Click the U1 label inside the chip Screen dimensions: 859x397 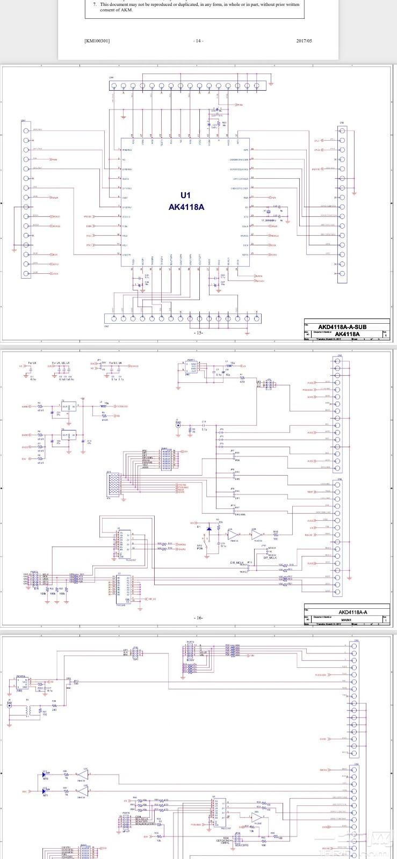click(185, 195)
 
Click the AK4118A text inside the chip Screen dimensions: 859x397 click(186, 207)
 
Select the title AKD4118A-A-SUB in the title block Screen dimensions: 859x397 click(342, 327)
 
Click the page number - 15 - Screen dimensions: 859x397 click(198, 333)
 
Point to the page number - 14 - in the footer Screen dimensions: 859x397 click(198, 41)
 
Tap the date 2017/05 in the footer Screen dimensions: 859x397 click(304, 41)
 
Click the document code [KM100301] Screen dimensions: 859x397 click(97, 41)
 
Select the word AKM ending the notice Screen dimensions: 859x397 click(126, 10)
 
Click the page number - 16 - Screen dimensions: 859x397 click(198, 618)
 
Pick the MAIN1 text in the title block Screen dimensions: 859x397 click(346, 620)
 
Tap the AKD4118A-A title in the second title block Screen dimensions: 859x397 click(352, 612)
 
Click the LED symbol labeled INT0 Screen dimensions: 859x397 click(45, 774)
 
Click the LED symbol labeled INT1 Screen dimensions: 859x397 click(45, 791)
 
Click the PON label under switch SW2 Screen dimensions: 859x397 click(200, 549)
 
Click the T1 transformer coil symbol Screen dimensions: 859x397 click(32, 710)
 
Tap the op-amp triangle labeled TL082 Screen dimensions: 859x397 click(258, 818)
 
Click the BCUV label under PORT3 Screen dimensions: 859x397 click(190, 660)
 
